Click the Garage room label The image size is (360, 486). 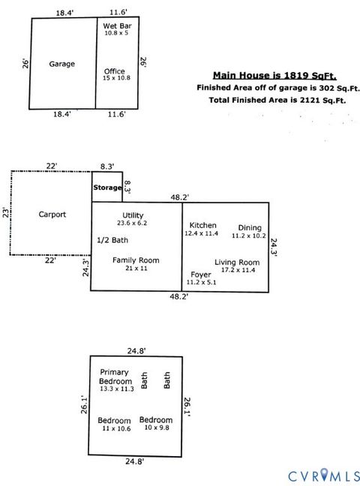61,64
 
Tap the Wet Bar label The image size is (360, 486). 116,26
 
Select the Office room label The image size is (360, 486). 114,72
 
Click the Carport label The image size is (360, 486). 52,214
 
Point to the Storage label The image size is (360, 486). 106,187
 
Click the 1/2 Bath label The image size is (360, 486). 112,240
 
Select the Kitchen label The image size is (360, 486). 202,226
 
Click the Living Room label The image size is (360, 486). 235,262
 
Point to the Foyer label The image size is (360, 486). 200,274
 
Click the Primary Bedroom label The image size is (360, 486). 115,376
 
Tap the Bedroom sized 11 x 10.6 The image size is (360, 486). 114,420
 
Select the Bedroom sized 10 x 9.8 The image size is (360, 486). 156,420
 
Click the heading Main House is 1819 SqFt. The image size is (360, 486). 274,75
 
